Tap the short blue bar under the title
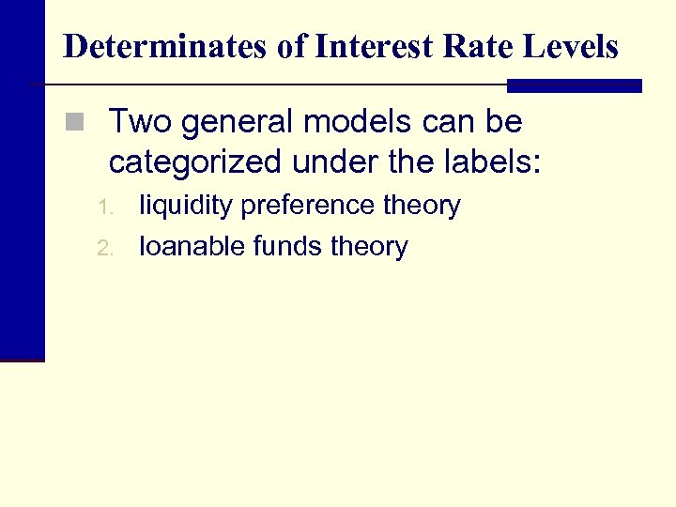pyautogui.click(x=574, y=85)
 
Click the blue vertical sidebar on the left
pyautogui.click(x=22, y=188)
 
